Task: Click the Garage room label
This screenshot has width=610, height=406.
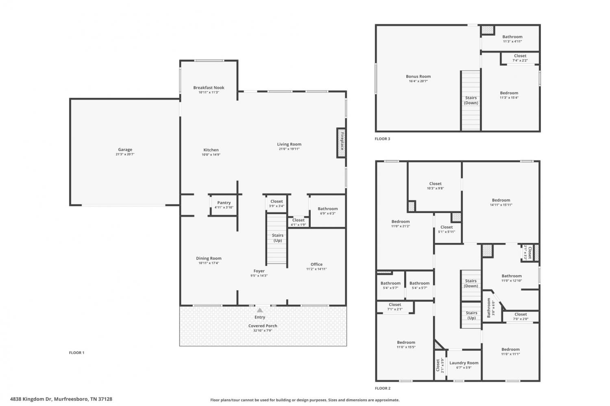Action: pos(125,150)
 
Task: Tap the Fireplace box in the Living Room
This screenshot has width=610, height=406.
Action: pos(342,143)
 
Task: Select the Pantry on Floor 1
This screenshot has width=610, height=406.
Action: pos(224,205)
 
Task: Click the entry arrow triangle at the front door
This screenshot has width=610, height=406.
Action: pos(260,310)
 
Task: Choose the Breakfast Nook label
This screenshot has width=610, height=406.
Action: pos(209,88)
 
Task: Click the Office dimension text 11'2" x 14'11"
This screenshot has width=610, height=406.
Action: pos(316,269)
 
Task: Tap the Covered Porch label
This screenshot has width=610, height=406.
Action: pos(263,326)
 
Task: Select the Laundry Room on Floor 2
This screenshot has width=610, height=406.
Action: pos(464,365)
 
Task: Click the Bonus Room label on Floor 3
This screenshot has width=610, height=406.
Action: pos(418,76)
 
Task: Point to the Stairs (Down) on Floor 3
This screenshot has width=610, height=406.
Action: pos(471,101)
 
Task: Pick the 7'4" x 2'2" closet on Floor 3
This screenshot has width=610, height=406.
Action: pos(520,58)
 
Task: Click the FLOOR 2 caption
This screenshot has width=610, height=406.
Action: pos(383,388)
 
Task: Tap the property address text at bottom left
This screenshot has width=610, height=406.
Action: pos(61,399)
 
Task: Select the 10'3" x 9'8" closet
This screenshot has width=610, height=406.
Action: pos(435,186)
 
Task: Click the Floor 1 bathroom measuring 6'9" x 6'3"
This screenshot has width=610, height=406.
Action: pos(328,211)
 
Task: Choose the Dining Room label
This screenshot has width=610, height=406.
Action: pos(209,258)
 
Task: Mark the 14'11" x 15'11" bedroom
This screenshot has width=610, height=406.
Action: pos(501,202)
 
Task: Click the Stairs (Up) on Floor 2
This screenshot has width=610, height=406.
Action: pos(471,315)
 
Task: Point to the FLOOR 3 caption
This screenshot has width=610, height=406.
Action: pos(382,139)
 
